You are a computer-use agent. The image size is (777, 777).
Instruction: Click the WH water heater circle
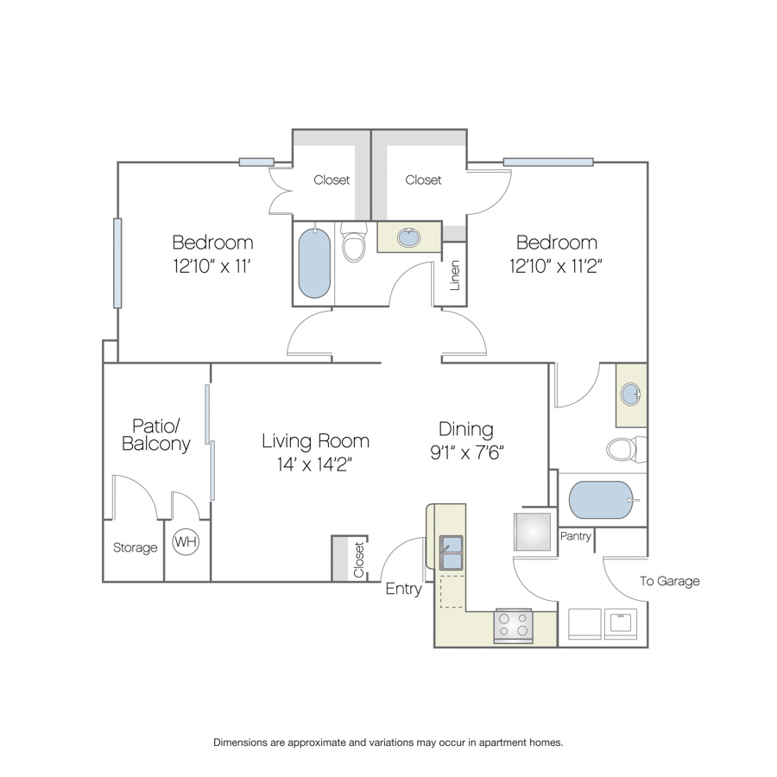[186, 541]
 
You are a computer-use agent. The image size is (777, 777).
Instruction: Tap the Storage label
[135, 547]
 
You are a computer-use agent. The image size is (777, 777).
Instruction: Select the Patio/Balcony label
[156, 434]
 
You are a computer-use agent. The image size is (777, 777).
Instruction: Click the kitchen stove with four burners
[513, 627]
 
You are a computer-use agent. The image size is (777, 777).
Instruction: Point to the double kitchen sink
[451, 552]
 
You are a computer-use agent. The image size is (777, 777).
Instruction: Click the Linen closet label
[454, 275]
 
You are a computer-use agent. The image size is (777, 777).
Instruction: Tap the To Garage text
[669, 581]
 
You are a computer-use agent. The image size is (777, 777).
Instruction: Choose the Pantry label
[575, 536]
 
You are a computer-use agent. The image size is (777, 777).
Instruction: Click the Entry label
[403, 589]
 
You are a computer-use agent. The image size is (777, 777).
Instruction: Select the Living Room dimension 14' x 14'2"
[314, 464]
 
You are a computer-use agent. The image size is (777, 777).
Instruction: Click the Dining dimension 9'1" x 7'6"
[467, 452]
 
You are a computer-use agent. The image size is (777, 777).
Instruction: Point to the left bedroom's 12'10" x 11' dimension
[212, 267]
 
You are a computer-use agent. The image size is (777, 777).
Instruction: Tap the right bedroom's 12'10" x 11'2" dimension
[555, 267]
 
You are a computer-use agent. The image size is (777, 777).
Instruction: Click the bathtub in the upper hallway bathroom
[314, 262]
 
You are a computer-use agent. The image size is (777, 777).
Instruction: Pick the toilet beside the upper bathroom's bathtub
[354, 242]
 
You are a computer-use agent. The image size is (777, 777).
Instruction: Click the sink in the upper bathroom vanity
[409, 237]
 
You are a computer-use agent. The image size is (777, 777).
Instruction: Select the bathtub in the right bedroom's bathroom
[601, 500]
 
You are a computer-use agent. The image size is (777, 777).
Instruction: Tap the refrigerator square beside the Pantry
[532, 532]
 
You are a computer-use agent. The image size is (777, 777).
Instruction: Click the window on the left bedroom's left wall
[117, 263]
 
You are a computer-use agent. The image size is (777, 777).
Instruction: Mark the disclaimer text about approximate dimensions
[388, 742]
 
